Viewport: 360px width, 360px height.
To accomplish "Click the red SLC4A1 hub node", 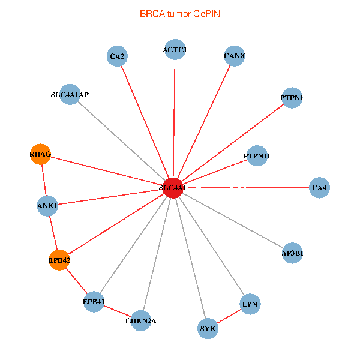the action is pyautogui.click(x=173, y=188).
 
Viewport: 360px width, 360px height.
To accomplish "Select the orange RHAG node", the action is pyautogui.click(x=40, y=154).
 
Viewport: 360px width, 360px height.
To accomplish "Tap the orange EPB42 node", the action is pyautogui.click(x=59, y=260).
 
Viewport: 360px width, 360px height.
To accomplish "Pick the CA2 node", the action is pyautogui.click(x=117, y=56).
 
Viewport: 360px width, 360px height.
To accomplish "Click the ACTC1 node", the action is pyautogui.click(x=175, y=49).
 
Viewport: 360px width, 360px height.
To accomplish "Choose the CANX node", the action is pyautogui.click(x=235, y=56).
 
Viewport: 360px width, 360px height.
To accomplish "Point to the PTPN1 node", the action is pyautogui.click(x=292, y=98).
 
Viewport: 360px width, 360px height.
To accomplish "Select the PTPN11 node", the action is pyautogui.click(x=257, y=155).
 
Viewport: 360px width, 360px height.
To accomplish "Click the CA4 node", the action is pyautogui.click(x=319, y=188).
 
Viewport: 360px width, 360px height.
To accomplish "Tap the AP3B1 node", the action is pyautogui.click(x=292, y=253).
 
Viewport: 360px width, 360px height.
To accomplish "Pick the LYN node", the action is pyautogui.click(x=250, y=304).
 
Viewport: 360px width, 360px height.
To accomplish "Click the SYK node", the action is pyautogui.click(x=208, y=328).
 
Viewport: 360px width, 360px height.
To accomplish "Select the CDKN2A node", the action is pyautogui.click(x=141, y=320).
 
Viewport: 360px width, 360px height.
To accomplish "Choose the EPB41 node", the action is pyautogui.click(x=94, y=302).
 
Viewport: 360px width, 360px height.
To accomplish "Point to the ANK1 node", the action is pyautogui.click(x=47, y=206).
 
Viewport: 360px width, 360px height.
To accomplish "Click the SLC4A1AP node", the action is pyautogui.click(x=70, y=94).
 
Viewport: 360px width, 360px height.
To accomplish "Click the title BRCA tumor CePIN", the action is pyautogui.click(x=180, y=14).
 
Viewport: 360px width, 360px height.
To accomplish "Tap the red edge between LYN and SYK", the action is pyautogui.click(x=229, y=316).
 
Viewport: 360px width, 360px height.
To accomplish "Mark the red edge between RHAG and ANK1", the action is pyautogui.click(x=44, y=180).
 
